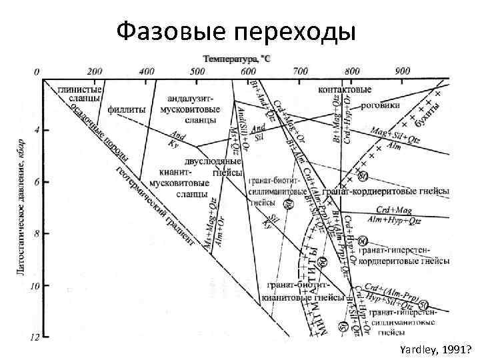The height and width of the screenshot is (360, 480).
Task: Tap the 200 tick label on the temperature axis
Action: coord(94,71)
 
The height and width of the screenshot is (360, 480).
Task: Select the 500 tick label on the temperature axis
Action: coord(197,71)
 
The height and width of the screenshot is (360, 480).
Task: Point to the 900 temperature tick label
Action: coord(403,71)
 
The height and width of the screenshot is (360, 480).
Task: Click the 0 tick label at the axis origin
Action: coord(37,71)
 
